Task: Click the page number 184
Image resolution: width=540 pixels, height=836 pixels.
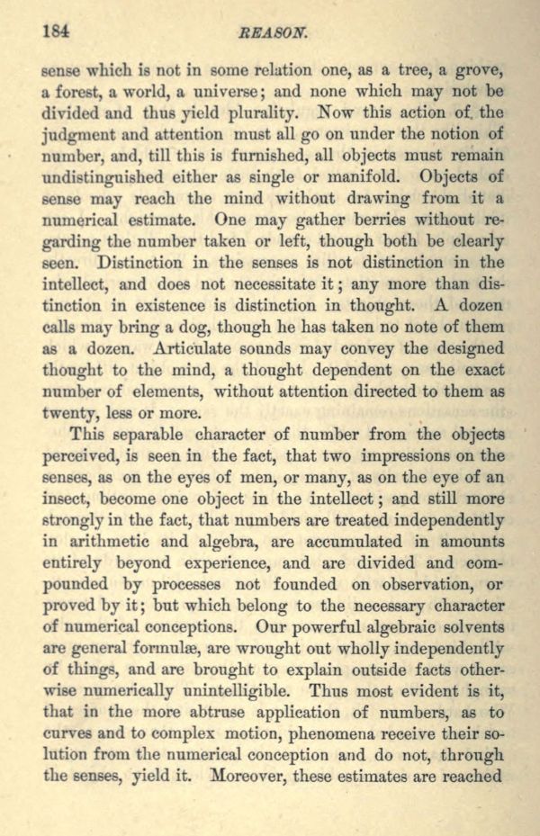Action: coord(56,30)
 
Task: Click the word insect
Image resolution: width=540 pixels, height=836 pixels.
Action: coord(70,498)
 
